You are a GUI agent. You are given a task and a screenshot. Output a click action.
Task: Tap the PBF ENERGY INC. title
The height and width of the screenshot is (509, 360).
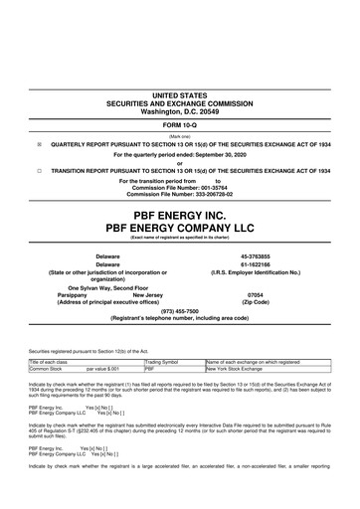coord(180,214)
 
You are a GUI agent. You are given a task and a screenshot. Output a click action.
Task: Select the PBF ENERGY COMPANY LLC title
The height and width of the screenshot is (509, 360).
coord(180,229)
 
